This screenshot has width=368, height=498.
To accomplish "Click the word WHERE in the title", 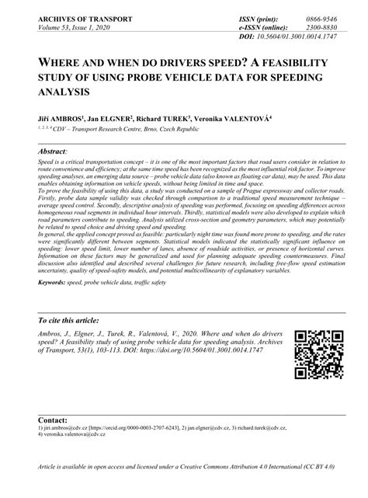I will tap(59, 63).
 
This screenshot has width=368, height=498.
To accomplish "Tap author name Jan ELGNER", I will tap(119, 120).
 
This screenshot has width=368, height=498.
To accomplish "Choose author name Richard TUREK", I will tap(185, 120).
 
